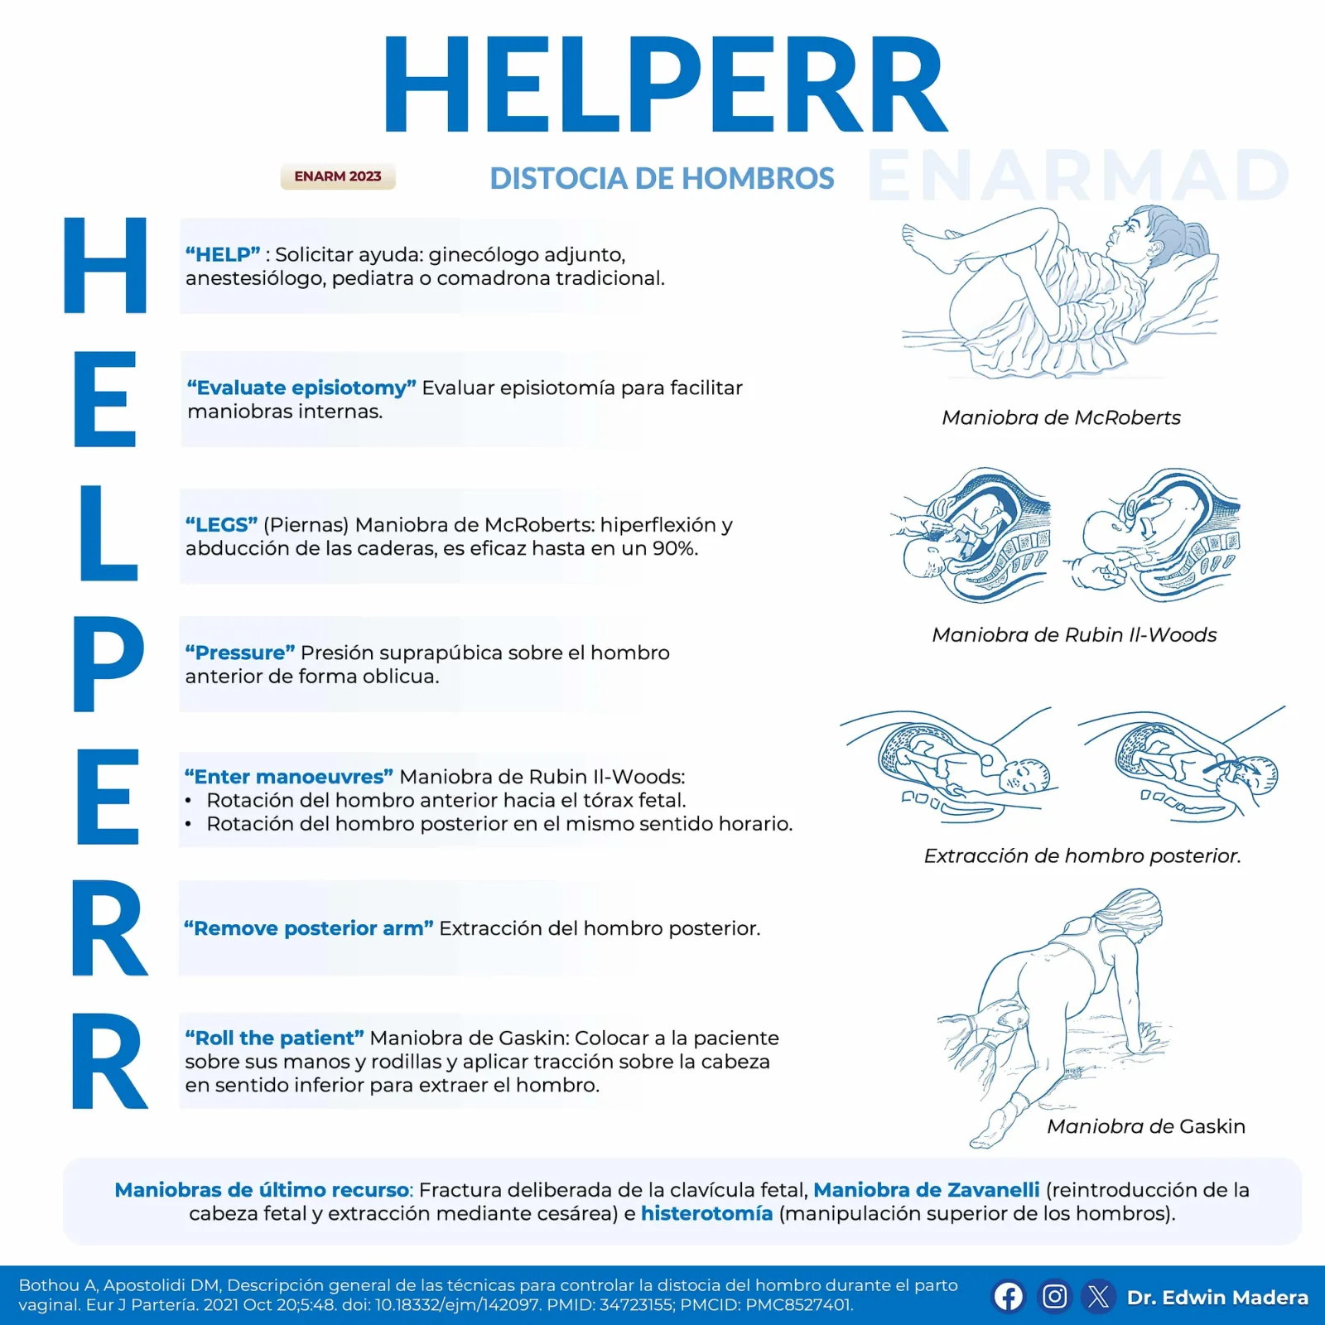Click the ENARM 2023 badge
coord(338,176)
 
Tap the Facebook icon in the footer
coord(1008,1296)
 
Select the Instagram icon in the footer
coord(1054,1296)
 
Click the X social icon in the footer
coord(1099,1296)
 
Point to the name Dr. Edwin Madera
coord(1217,1297)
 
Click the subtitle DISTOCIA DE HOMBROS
coord(662,178)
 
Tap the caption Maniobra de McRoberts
coord(1061,417)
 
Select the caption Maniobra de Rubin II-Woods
coord(1074,634)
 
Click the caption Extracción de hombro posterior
coord(1082,855)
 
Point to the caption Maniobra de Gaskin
coord(1146,1126)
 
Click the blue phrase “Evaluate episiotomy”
coord(301,388)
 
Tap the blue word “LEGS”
coord(221,524)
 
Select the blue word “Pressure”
coord(240,653)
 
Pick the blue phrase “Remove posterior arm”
coord(308,928)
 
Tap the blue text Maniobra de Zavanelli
coord(926,1190)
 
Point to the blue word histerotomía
coord(706,1213)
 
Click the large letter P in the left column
coord(108,663)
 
